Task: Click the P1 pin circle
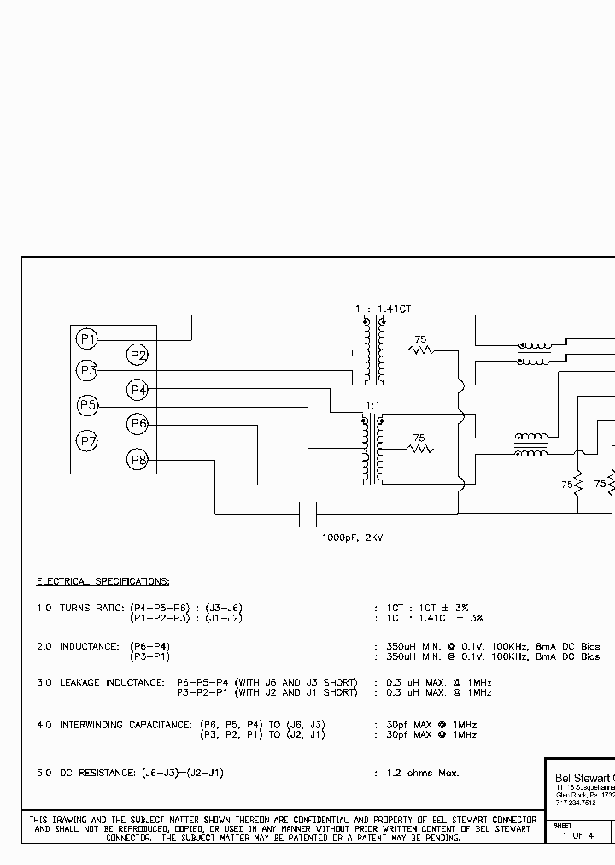click(86, 339)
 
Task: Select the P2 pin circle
click(138, 356)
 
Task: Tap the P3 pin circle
click(86, 371)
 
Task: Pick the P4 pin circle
click(138, 390)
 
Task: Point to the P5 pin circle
click(86, 405)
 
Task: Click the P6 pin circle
click(138, 424)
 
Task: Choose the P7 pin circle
click(86, 441)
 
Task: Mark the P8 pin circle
click(138, 461)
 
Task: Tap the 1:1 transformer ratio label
click(372, 405)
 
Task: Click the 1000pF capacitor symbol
click(308, 514)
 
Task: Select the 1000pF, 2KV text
click(353, 538)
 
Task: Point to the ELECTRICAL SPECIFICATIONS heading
click(102, 582)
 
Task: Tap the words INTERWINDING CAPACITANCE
click(125, 725)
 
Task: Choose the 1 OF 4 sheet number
click(577, 835)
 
